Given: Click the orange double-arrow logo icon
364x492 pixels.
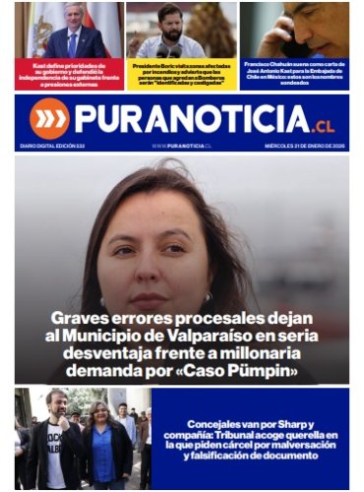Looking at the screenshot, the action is coord(49,118).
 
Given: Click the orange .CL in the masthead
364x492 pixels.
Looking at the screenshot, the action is coord(324,125).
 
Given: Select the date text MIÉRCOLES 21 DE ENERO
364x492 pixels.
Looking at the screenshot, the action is coord(302,146).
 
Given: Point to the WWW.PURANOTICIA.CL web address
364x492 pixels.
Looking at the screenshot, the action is coord(182,146).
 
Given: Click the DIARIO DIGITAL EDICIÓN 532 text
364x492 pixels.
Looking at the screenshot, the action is coord(52,146).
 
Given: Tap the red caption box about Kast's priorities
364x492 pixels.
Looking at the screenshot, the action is coord(69,75).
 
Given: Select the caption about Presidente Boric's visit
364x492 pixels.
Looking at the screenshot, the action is coord(181,75).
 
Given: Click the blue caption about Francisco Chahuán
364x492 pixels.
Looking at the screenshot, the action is coord(294,75).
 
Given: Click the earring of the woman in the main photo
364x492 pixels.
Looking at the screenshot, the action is coord(209,296).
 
